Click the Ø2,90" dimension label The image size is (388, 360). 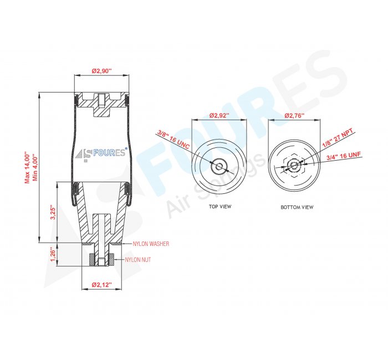point(101,71)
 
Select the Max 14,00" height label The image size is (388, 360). point(27,168)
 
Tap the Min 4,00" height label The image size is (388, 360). point(35,168)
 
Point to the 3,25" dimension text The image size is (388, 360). point(53,212)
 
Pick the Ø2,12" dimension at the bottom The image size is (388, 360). point(101,285)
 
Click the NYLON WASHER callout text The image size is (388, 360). point(151,244)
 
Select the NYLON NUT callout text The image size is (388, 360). point(138,260)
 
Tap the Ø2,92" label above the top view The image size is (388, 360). point(219,115)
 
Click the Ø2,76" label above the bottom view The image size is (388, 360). point(294,115)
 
